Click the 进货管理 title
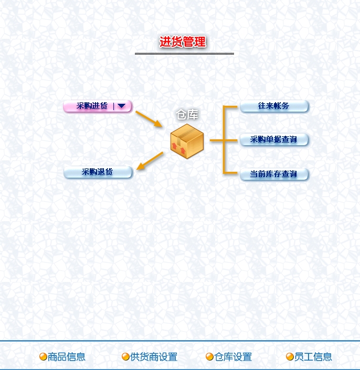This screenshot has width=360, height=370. click(183, 42)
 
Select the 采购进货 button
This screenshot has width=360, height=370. click(92, 106)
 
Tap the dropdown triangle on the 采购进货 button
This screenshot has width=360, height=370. click(122, 106)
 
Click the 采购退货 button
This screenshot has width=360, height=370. click(98, 172)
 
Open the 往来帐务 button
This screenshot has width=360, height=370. click(274, 106)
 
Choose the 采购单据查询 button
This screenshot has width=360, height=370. click(274, 139)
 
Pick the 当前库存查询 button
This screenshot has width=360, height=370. click(274, 174)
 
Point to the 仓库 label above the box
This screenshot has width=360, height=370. click(187, 115)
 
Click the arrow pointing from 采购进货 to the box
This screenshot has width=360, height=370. click(149, 119)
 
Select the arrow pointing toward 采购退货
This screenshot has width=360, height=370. click(150, 161)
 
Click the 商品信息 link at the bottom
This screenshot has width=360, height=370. click(67, 357)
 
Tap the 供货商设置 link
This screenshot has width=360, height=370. click(154, 357)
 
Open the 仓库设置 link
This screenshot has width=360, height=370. click(233, 357)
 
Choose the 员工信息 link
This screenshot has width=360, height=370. click(313, 357)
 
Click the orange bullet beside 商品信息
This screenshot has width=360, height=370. click(43, 357)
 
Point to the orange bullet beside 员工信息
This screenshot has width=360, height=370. click(290, 357)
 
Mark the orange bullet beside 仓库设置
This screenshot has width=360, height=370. click(209, 357)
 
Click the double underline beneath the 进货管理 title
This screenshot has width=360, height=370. click(184, 53)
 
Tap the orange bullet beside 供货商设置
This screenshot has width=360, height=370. click(125, 357)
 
